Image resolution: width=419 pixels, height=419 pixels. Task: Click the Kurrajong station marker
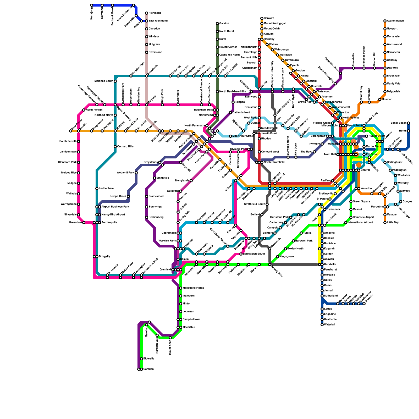click(92, 5)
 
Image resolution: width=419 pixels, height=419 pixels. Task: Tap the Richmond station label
click(155, 13)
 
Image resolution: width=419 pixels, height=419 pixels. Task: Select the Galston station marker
click(217, 24)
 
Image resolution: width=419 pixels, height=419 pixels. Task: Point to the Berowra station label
click(269, 18)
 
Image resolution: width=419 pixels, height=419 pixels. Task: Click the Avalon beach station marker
click(385, 21)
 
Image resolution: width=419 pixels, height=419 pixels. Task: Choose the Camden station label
click(148, 369)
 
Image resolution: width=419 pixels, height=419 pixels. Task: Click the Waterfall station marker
click(322, 325)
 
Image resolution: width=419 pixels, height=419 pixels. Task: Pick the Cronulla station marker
click(364, 304)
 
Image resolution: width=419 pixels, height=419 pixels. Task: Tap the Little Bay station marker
click(385, 223)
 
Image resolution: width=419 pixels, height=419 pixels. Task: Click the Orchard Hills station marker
click(115, 147)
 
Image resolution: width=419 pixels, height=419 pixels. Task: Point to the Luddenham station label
click(106, 189)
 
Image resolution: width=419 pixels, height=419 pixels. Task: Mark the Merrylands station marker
click(191, 181)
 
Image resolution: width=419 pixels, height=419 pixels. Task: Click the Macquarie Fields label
click(193, 288)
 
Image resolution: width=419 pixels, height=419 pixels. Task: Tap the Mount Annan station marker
click(170, 338)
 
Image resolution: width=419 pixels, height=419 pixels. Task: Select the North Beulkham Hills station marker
click(217, 92)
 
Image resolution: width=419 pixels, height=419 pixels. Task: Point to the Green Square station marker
click(351, 202)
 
